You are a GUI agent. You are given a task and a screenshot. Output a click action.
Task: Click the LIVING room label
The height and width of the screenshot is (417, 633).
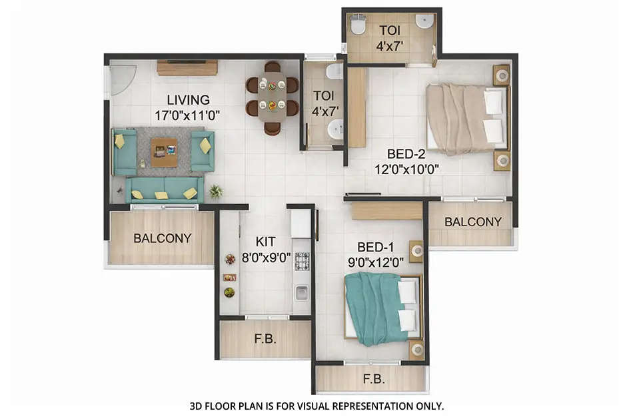[188, 100]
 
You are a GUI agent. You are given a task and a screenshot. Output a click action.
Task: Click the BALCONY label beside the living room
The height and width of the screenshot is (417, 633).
[162, 238]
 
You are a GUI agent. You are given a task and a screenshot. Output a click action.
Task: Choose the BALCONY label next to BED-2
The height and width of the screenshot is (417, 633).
[472, 222]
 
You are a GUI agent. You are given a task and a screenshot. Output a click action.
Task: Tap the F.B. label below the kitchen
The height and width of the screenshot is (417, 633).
[265, 339]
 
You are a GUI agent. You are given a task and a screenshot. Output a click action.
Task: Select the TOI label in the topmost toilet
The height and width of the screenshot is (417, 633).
[390, 30]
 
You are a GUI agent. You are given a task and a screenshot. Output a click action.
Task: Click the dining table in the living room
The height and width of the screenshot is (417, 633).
[272, 97]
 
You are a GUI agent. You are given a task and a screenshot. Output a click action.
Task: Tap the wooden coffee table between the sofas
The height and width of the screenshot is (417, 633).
[164, 151]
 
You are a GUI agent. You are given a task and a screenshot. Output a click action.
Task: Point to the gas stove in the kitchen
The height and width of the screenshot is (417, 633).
[302, 261]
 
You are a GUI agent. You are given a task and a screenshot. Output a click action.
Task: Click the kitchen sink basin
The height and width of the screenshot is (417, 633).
[302, 292]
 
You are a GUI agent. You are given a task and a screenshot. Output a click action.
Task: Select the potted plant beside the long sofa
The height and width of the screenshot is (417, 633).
[215, 191]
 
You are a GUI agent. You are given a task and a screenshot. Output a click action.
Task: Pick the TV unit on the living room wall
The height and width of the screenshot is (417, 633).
[187, 67]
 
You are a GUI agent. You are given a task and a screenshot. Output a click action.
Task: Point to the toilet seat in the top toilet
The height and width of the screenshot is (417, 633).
[358, 25]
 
